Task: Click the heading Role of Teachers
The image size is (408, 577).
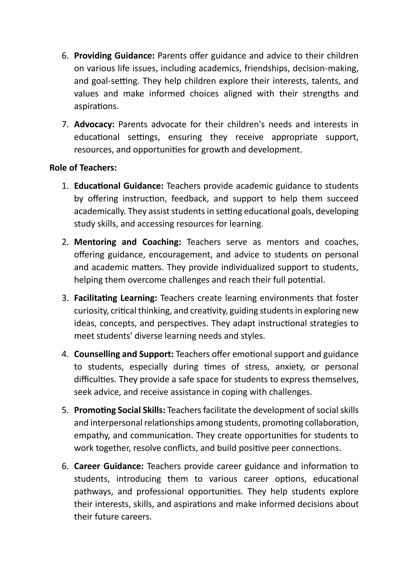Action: point(83,168)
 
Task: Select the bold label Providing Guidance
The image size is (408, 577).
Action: point(114,56)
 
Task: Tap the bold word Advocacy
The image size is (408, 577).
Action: point(94,124)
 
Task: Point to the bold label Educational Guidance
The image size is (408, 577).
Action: point(119,186)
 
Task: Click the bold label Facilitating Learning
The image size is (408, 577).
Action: point(115,298)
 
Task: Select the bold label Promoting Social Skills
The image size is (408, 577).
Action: point(120,410)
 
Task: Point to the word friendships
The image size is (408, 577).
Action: point(266,68)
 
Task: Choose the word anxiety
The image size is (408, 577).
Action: point(290,367)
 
